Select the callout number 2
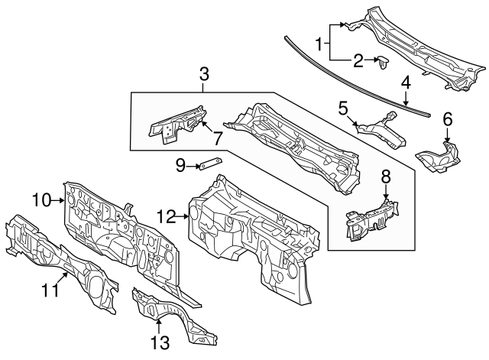click(x=358, y=60)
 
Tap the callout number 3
click(x=204, y=74)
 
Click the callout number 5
click(x=344, y=108)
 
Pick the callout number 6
click(x=447, y=119)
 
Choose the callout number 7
click(x=217, y=140)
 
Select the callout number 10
click(x=40, y=200)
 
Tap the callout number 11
click(x=50, y=290)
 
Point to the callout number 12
click(x=167, y=217)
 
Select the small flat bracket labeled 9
click(x=210, y=162)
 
